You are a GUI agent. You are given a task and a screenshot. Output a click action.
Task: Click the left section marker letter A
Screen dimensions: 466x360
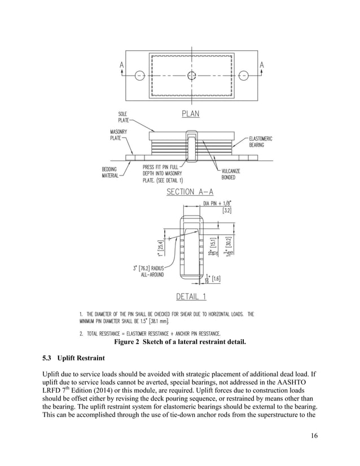122,65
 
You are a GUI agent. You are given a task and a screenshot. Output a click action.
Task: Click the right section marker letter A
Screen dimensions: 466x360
261,65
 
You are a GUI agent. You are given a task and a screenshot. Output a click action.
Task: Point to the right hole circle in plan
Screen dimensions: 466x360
244,75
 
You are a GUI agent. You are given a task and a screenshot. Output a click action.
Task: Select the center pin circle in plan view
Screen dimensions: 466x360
192,75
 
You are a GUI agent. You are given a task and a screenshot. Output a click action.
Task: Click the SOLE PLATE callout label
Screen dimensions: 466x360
122,117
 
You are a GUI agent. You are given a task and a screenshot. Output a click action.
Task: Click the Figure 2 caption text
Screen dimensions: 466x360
180,341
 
